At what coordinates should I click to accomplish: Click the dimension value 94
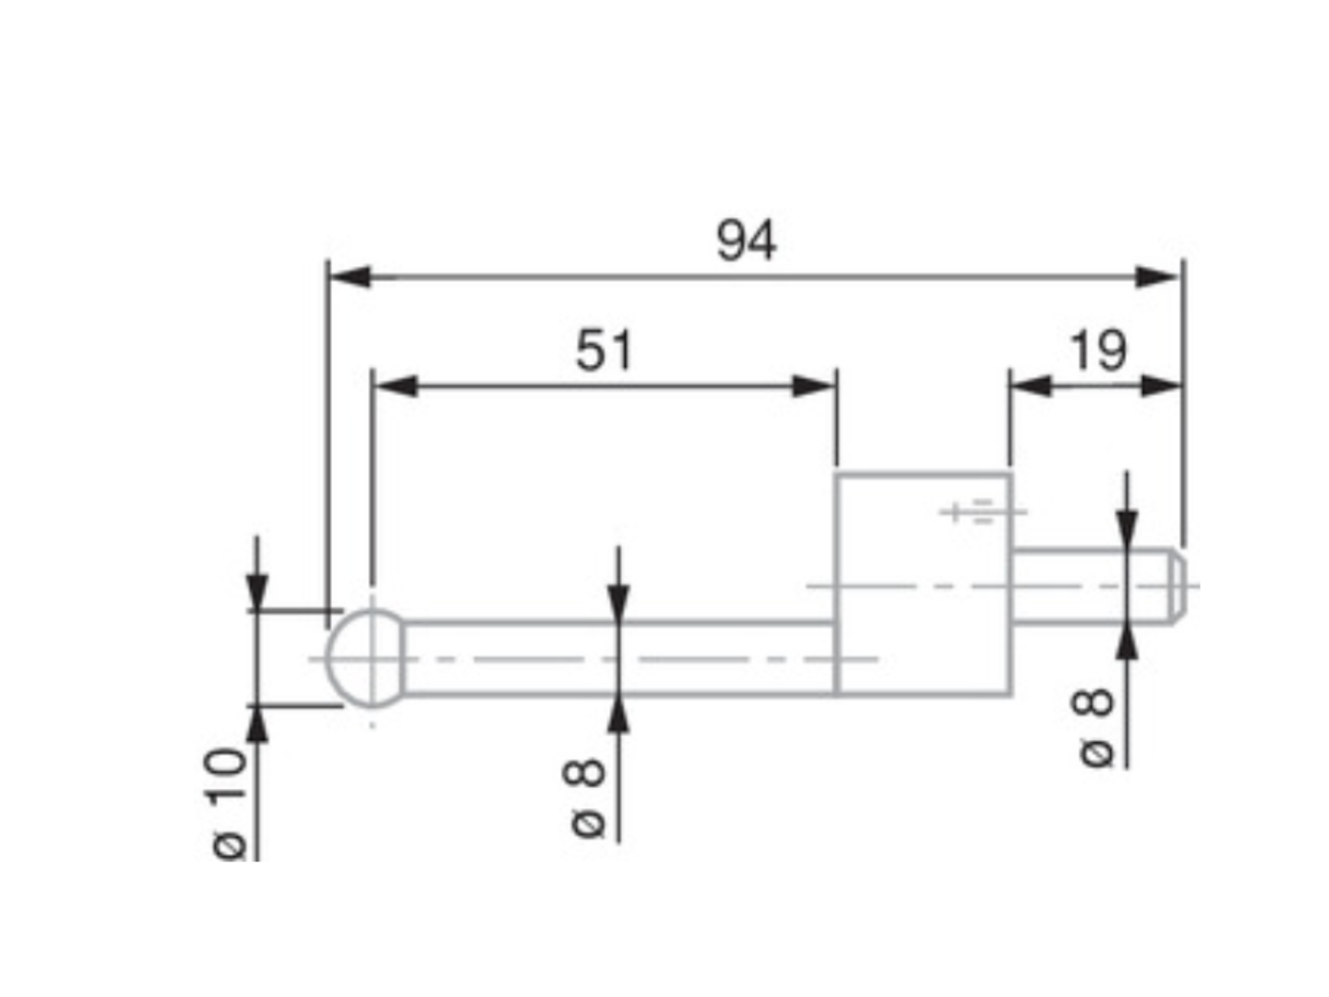(746, 242)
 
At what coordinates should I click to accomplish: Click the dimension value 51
(604, 351)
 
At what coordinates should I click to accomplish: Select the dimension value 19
(1098, 351)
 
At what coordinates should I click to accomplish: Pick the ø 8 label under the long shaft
(584, 799)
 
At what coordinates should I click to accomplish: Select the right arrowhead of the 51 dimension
(814, 386)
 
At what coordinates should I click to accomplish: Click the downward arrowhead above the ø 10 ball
(257, 592)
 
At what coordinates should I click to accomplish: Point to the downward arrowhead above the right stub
(1127, 529)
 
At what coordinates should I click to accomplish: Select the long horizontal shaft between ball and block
(619, 659)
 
